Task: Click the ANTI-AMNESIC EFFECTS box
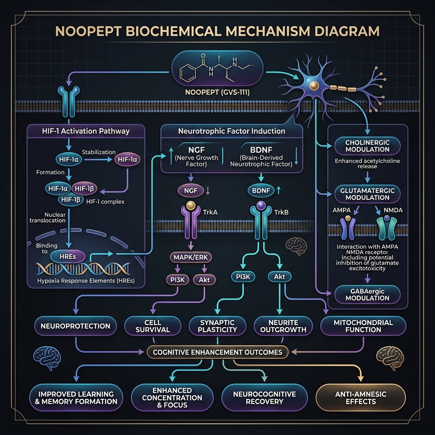click(x=361, y=398)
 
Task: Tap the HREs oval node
click(x=68, y=257)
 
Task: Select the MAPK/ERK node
click(x=191, y=257)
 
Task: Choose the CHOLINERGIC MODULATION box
click(x=367, y=146)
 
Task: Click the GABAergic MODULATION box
click(x=367, y=295)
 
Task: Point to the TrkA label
click(x=210, y=212)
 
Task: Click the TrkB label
click(x=281, y=212)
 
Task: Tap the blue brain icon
click(x=47, y=358)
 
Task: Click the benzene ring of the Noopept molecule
click(x=188, y=73)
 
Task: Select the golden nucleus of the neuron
click(x=314, y=86)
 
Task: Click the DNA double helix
click(x=83, y=269)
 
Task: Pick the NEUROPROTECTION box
click(x=76, y=326)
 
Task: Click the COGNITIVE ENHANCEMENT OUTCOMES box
click(x=217, y=352)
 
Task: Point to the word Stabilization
click(x=99, y=152)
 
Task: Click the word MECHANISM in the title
click(x=268, y=31)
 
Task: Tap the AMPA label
click(x=342, y=210)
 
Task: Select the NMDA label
click(x=393, y=210)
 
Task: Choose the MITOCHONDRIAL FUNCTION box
click(x=363, y=326)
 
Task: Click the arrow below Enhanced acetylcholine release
click(x=367, y=177)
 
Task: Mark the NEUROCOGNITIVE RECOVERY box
click(x=264, y=398)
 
